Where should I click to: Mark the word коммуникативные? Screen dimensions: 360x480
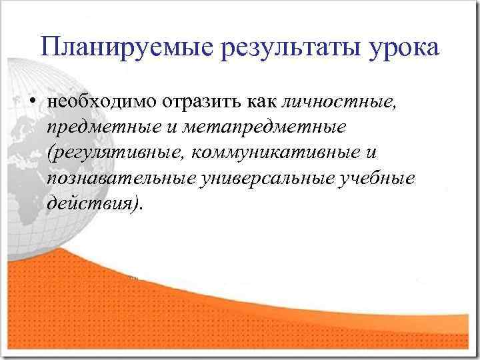click(x=276, y=153)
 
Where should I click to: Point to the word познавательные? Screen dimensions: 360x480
click(x=121, y=179)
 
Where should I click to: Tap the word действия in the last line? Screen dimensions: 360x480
click(x=91, y=204)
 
